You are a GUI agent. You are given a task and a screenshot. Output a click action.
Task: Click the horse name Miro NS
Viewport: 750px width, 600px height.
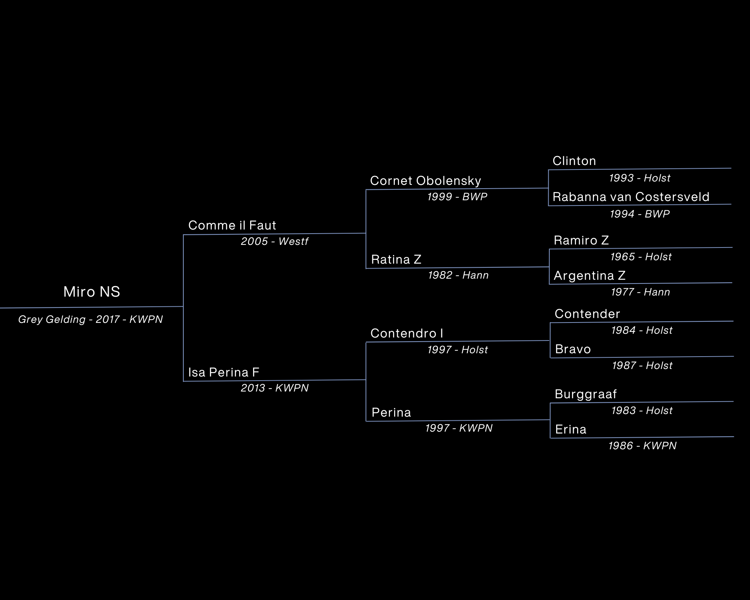(x=91, y=292)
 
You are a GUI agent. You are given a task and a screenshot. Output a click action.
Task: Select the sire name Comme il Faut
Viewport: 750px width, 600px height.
(x=232, y=225)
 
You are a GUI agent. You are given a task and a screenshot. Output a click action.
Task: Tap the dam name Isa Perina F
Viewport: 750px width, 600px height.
(x=223, y=372)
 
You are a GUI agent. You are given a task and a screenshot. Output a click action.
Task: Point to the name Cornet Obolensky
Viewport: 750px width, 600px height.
(x=425, y=181)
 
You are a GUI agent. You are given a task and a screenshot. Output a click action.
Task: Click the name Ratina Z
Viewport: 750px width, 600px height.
(x=396, y=259)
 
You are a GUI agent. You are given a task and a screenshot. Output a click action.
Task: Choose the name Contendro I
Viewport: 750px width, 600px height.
(x=406, y=333)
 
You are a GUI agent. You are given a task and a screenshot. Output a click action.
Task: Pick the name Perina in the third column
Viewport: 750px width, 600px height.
(x=391, y=412)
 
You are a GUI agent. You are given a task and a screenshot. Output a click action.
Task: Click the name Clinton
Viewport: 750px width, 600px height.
(x=574, y=161)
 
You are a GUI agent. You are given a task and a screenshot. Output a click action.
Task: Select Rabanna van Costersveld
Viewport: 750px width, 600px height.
(x=631, y=197)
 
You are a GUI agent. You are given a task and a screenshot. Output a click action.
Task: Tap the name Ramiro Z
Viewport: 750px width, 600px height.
(x=581, y=240)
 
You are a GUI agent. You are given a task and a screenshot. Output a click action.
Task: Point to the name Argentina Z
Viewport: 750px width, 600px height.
(x=589, y=276)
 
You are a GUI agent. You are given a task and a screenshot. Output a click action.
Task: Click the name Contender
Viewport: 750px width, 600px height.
(x=587, y=314)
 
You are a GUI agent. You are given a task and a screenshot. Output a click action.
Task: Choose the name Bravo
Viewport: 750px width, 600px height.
(x=573, y=349)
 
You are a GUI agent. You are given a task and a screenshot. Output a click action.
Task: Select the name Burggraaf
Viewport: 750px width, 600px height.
(x=585, y=394)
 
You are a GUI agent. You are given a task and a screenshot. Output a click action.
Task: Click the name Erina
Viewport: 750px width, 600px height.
(x=570, y=429)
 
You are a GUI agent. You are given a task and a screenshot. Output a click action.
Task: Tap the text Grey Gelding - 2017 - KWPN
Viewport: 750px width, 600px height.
(x=90, y=319)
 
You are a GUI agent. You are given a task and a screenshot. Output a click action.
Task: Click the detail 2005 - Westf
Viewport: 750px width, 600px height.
(x=274, y=241)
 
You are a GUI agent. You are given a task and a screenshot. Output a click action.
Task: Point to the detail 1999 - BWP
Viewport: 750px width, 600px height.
(x=457, y=197)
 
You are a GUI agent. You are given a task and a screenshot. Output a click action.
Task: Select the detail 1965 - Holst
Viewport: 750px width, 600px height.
(x=641, y=257)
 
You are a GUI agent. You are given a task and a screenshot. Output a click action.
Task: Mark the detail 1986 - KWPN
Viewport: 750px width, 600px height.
(x=642, y=446)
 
